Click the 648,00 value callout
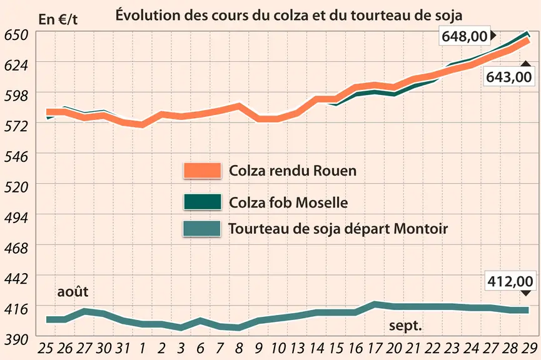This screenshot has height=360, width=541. pos(465,36)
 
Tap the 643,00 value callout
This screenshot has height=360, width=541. pos(509,76)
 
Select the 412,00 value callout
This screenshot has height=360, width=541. pos(510,281)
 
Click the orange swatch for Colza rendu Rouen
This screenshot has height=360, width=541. pos(202,171)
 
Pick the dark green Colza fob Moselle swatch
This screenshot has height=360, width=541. pos(202,202)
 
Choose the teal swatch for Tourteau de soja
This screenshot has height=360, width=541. pos(202,229)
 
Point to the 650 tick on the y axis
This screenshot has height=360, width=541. pos(16,35)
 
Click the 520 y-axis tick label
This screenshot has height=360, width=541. pos(16,187)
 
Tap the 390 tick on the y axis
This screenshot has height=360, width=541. pos(16,340)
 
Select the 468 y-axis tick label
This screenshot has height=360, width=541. pos(16,248)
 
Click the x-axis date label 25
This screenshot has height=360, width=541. pos(45,349)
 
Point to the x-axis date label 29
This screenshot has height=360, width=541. pos(529,349)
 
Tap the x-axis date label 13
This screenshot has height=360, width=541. pos(296,349)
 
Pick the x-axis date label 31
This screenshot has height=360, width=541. pos(122,349)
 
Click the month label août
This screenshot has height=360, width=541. pos(73,292)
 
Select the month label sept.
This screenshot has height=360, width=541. pos(405,326)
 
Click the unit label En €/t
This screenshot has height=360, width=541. pos(58,19)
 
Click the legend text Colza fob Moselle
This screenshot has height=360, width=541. pos(288,202)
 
